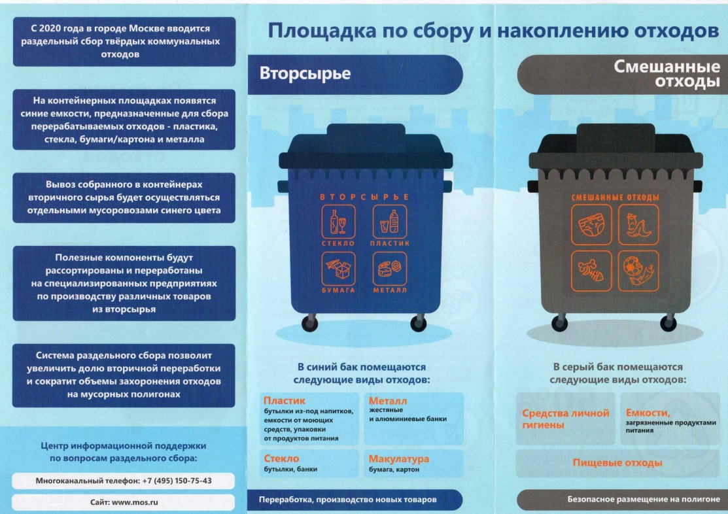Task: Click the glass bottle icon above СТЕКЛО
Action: [x=338, y=222]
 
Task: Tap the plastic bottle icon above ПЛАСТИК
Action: [x=390, y=222]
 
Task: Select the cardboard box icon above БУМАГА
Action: [x=338, y=269]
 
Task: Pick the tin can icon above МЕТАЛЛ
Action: [x=390, y=269]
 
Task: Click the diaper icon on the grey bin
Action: [x=591, y=225]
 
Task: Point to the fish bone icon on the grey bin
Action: [x=591, y=271]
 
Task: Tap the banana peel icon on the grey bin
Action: [x=638, y=225]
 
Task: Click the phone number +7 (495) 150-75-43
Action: [x=177, y=481]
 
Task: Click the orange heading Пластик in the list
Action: [x=284, y=400]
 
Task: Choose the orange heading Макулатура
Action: [x=399, y=459]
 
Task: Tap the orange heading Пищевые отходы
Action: [x=617, y=463]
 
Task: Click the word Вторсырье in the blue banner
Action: [x=305, y=73]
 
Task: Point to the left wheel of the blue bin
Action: [x=309, y=322]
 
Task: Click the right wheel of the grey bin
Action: [x=668, y=322]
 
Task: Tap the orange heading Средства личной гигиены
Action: [x=566, y=419]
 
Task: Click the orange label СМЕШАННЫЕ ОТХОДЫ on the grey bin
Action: [x=615, y=197]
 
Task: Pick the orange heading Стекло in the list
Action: [x=281, y=458]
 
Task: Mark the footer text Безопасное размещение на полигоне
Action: [x=644, y=499]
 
